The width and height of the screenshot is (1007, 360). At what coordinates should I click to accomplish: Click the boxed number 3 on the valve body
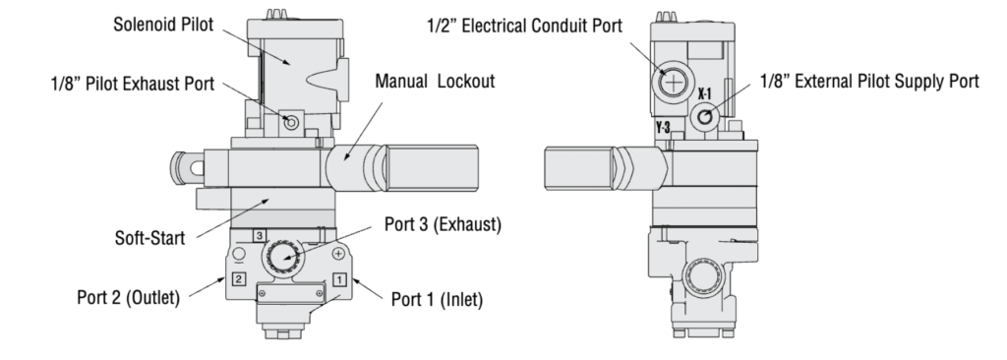pyautogui.click(x=259, y=235)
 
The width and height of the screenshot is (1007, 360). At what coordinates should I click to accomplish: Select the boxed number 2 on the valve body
pyautogui.click(x=237, y=278)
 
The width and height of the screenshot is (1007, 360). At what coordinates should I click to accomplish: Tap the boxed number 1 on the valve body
pyautogui.click(x=337, y=278)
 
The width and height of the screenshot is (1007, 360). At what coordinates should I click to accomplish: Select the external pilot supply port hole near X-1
pyautogui.click(x=705, y=118)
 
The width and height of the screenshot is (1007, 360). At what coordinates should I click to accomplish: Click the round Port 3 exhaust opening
pyautogui.click(x=281, y=258)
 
